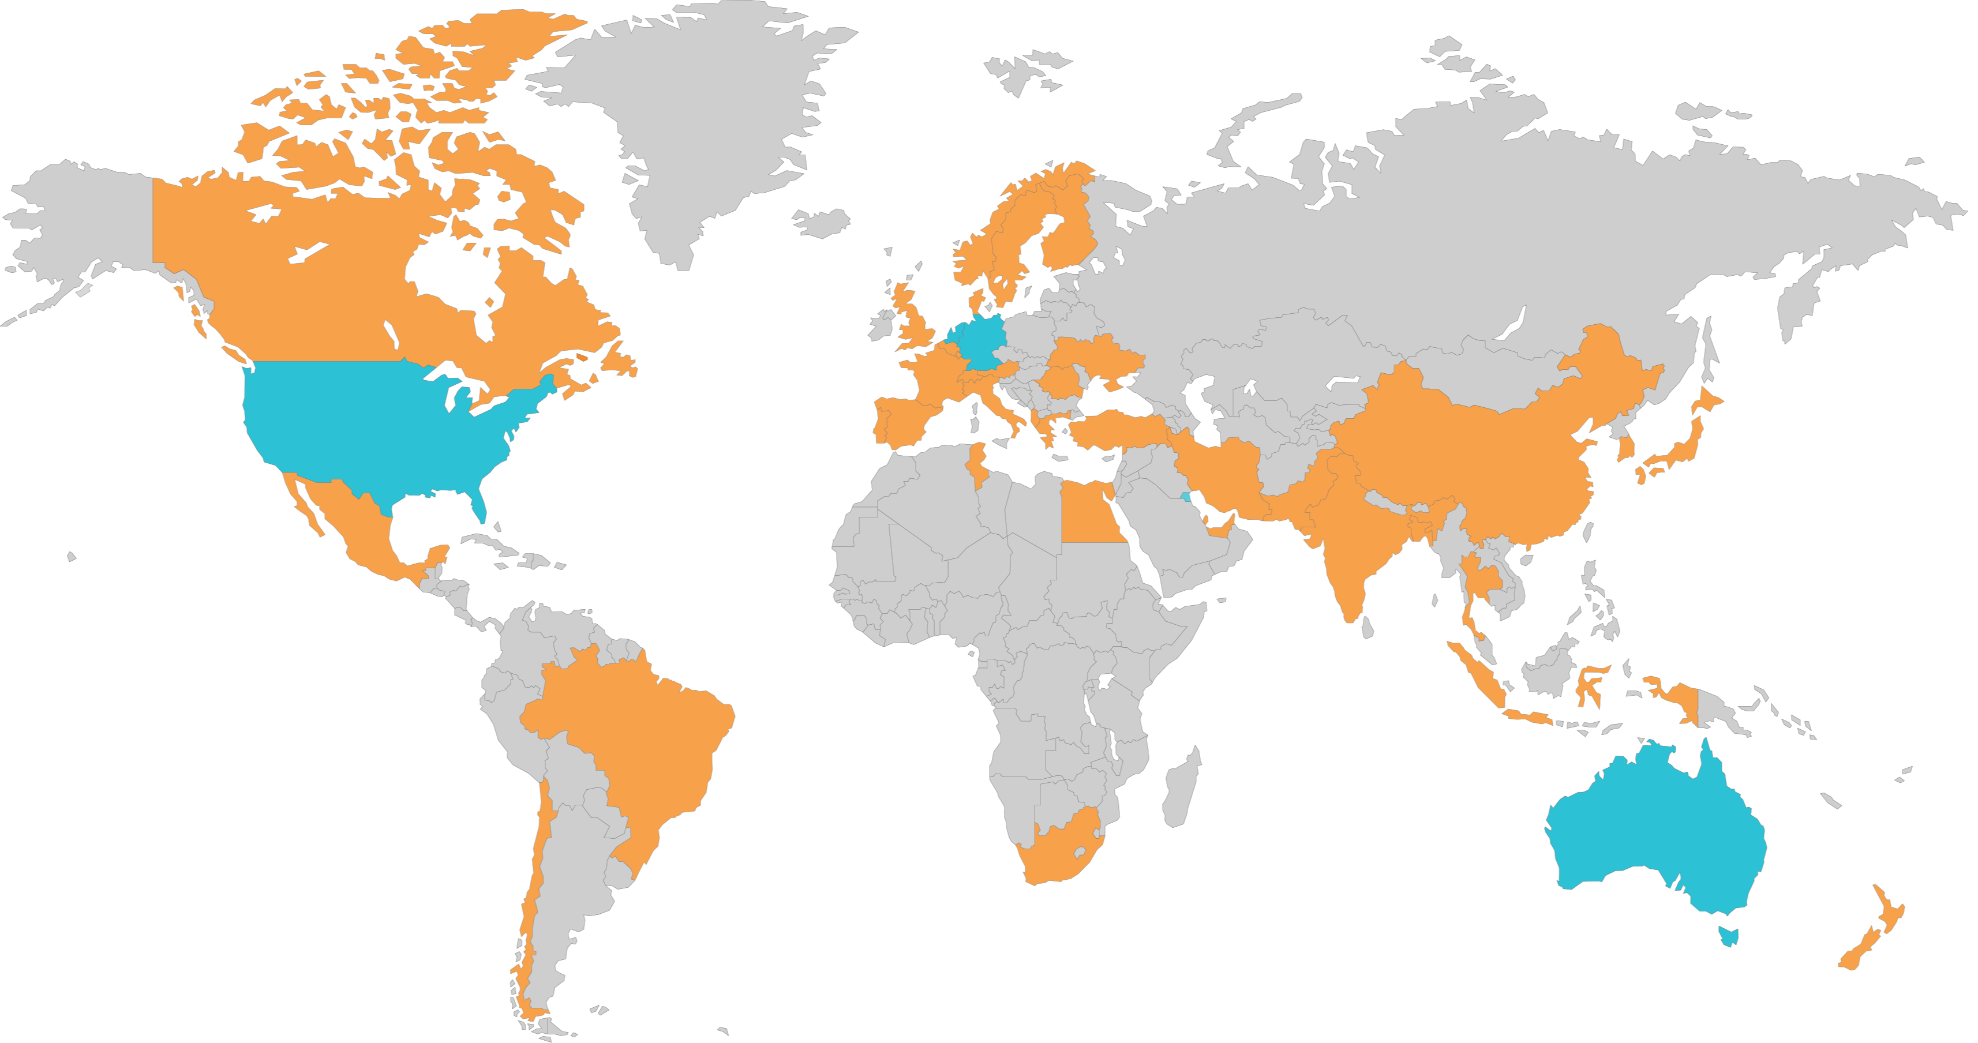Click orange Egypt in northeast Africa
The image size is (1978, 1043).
click(x=1091, y=514)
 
